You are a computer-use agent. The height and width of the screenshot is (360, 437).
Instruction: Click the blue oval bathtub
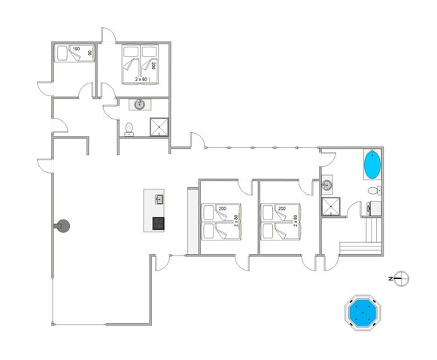coord(372,165)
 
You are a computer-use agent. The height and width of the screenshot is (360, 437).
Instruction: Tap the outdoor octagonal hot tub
coord(363,312)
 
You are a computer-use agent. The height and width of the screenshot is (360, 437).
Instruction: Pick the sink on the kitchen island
coord(159,199)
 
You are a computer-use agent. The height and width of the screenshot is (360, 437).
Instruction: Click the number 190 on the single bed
coord(77,50)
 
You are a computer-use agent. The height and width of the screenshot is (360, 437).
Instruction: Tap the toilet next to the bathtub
coord(374,192)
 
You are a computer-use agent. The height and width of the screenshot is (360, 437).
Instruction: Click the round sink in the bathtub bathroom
coord(327,184)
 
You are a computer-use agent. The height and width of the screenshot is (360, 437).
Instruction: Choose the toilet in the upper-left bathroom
coord(129,129)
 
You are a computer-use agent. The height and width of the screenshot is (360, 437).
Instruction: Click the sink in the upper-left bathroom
coord(140,105)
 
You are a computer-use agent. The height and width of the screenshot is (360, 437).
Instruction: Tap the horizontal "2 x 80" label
coord(141,79)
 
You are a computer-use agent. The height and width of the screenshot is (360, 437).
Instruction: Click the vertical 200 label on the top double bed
coord(153,66)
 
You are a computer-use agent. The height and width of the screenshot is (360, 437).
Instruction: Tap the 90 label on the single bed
coord(90,53)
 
